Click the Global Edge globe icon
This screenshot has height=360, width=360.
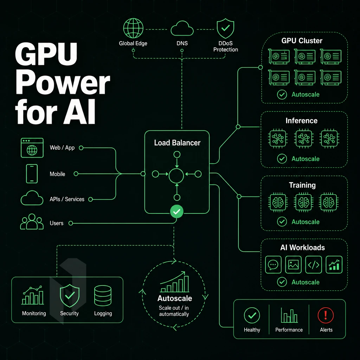pyautogui.click(x=133, y=28)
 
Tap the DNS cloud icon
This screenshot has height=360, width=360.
pyautogui.click(x=182, y=28)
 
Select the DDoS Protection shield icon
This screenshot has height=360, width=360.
pyautogui.click(x=225, y=28)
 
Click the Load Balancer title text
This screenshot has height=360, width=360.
pyautogui.click(x=177, y=143)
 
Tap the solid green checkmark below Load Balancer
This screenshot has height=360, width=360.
pyautogui.click(x=176, y=211)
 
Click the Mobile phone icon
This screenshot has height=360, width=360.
pyautogui.click(x=32, y=174)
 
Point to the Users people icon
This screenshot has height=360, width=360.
pyautogui.click(x=32, y=221)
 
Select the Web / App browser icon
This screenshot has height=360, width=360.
pyautogui.click(x=32, y=148)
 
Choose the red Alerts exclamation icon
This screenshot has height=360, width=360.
pyautogui.click(x=326, y=315)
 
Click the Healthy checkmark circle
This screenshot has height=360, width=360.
pyautogui.click(x=252, y=315)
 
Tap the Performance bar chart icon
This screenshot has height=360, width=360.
pyautogui.click(x=289, y=315)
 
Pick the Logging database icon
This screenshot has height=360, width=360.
pyautogui.click(x=103, y=296)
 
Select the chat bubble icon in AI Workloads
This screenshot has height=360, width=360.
pyautogui.click(x=273, y=265)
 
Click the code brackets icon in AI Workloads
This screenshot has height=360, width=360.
pyautogui.click(x=314, y=265)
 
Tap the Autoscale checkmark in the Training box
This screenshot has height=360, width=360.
pyautogui.click(x=282, y=222)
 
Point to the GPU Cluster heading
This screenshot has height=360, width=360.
pyautogui.click(x=302, y=41)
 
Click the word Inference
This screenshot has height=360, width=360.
pyautogui.click(x=301, y=121)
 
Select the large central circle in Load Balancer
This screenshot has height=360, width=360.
pyautogui.click(x=176, y=176)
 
